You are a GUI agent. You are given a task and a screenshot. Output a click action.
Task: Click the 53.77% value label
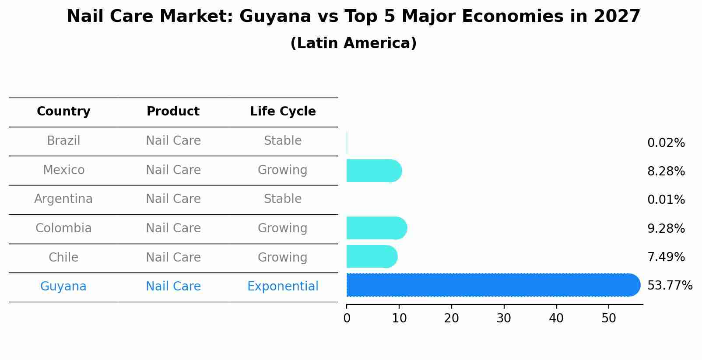coord(670,286)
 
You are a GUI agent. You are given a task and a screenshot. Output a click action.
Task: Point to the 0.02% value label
coord(666,143)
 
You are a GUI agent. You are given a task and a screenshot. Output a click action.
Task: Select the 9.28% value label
coord(666,228)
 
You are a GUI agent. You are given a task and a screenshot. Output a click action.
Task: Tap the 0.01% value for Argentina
coord(666,200)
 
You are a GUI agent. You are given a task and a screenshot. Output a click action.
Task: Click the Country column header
coord(63,112)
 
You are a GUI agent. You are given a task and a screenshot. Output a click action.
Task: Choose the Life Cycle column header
coord(283,112)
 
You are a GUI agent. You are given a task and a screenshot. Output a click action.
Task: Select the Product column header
coord(173,112)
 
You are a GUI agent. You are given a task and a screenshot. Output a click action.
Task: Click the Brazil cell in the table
coord(63,141)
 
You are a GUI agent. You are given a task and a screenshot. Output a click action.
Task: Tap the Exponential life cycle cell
coord(283,287)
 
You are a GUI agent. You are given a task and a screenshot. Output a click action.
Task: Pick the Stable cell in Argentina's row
coord(283,199)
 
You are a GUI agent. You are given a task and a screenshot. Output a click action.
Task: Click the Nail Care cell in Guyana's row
coord(173,287)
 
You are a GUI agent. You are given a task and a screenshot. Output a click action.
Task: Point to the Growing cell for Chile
coord(283,257)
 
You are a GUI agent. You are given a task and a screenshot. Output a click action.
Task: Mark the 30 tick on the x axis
coord(504,318)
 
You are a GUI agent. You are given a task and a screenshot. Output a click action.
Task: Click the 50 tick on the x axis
coord(609,318)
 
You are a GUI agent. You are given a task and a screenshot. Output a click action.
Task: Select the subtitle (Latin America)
coord(353,43)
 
